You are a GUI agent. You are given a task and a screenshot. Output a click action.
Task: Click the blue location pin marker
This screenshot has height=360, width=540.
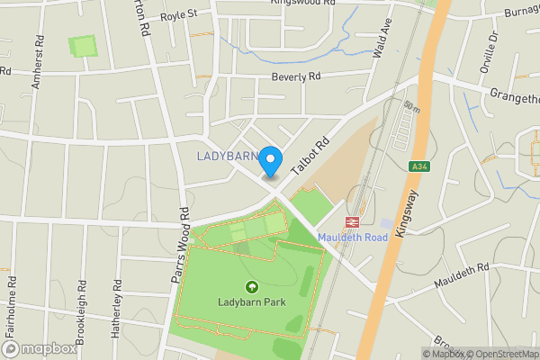[x=270, y=159]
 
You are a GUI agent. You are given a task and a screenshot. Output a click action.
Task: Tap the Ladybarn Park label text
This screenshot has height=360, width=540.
[x=251, y=302]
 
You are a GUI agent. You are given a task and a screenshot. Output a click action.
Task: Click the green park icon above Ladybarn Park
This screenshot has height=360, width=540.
[x=251, y=286]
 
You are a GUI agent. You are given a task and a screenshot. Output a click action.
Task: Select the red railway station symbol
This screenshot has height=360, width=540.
[x=352, y=221]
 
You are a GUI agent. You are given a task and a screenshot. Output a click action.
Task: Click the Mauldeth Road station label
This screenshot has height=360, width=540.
[x=352, y=238]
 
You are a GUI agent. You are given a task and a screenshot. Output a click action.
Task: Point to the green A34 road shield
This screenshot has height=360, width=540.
[x=418, y=166]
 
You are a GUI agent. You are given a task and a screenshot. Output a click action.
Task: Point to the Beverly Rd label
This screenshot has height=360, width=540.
[x=296, y=77]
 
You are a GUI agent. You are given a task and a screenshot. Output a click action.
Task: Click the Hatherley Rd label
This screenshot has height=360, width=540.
[x=116, y=309]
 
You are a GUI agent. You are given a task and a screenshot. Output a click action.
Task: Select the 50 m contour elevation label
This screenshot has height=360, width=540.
[x=412, y=108]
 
